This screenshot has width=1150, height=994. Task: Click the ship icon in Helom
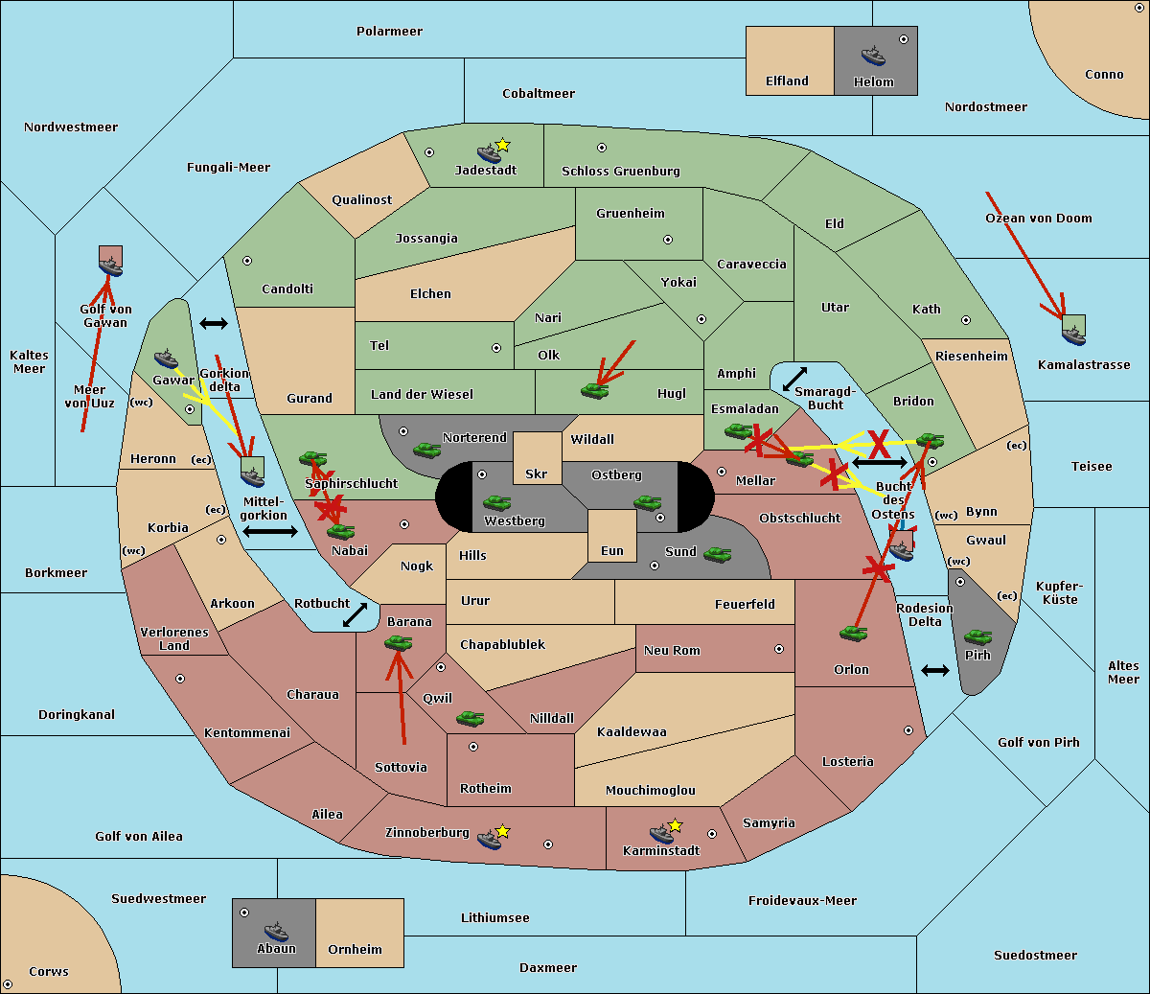[873, 55]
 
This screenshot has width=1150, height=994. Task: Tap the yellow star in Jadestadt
[502, 146]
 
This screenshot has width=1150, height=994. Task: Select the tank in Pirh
[977, 637]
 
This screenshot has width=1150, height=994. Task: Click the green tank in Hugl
[594, 391]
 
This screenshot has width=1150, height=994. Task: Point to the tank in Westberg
[496, 502]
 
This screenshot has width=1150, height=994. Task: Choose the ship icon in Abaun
[276, 931]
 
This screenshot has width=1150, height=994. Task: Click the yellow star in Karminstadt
[675, 825]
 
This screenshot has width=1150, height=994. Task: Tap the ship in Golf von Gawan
[110, 266]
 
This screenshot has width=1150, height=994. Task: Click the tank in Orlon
[853, 634]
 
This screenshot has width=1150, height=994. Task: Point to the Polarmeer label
[389, 32]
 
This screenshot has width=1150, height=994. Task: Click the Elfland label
[787, 81]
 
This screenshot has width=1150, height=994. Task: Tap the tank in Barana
[398, 644]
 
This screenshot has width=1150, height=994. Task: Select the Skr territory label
[537, 474]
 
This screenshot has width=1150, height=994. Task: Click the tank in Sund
[717, 554]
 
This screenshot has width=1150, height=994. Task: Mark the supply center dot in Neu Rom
[779, 649]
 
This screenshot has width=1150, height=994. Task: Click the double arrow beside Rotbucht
[355, 615]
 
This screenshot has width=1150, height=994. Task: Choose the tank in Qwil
[470, 718]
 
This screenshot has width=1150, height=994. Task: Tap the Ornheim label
[355, 950]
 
